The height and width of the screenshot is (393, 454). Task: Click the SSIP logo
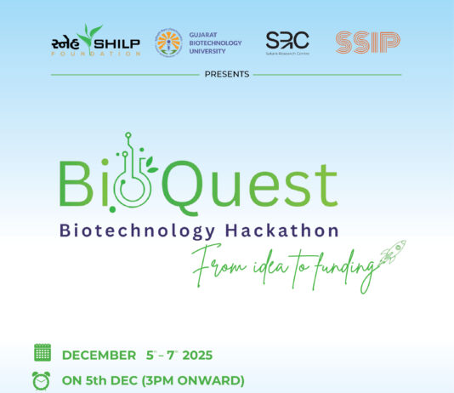[x=368, y=42]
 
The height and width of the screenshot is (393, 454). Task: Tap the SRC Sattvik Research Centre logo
[x=287, y=43]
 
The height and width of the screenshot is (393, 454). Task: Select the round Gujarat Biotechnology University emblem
[x=168, y=43]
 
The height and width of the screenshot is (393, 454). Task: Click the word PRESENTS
[x=227, y=74]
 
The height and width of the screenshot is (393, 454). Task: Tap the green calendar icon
[x=42, y=353]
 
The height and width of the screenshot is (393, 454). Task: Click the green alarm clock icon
[x=41, y=380]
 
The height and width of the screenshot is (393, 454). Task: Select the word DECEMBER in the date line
[x=99, y=355]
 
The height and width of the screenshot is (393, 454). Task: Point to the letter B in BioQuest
[x=75, y=185]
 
